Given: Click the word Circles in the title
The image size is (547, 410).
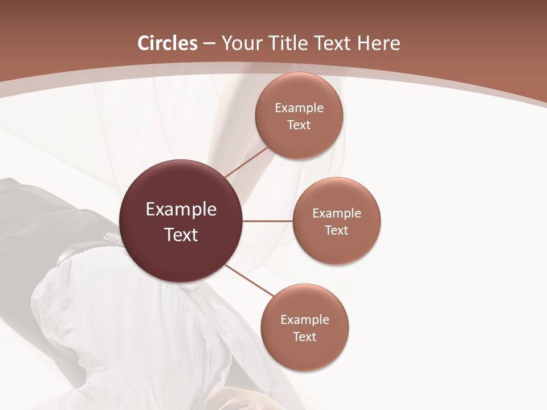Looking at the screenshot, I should click(x=168, y=43).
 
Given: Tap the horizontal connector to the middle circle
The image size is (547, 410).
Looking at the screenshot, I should click(x=267, y=221).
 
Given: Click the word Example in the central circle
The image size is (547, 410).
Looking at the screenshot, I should click(x=181, y=210).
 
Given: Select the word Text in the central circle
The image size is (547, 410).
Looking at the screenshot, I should click(x=181, y=235).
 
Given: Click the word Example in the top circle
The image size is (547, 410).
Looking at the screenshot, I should click(x=299, y=108).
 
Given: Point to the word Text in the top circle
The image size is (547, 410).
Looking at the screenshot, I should click(x=299, y=125).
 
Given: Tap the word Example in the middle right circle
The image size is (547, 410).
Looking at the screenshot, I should click(x=337, y=214).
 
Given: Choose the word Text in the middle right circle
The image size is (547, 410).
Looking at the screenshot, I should click(x=337, y=231).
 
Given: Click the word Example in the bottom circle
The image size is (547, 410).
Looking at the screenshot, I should click(x=304, y=320).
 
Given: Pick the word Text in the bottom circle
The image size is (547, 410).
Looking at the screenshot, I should click(x=304, y=337).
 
